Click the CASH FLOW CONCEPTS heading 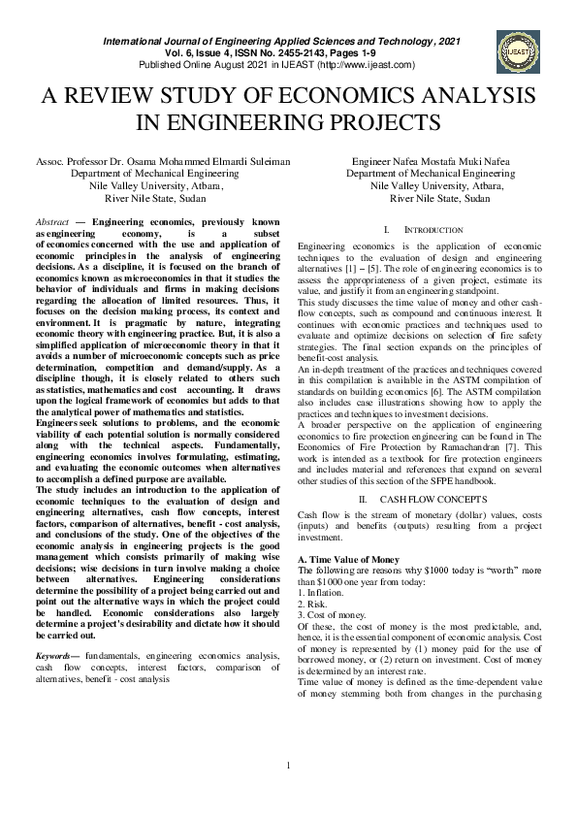click(420, 499)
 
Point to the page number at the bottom click(288, 795)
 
